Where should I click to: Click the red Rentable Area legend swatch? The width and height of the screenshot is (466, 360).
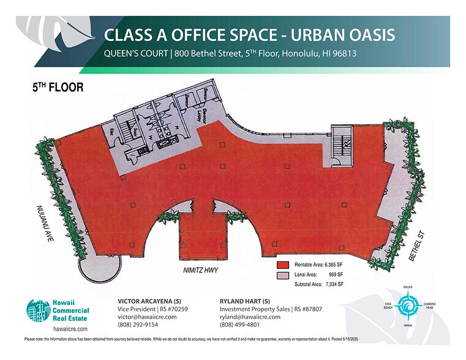tap(283, 265)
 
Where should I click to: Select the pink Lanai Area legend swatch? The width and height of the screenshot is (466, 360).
tap(283, 275)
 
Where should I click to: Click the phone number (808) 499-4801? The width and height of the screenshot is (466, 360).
tap(239, 325)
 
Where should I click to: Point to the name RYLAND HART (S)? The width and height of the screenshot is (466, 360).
tap(245, 301)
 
